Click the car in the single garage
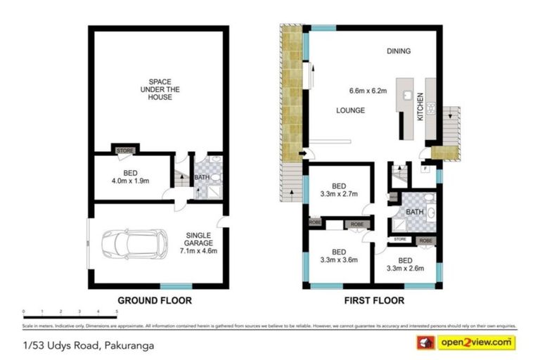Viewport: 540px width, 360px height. tap(134, 244)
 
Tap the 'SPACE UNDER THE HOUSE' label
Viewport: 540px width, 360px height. tap(160, 89)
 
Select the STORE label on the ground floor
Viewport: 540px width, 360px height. tap(125, 150)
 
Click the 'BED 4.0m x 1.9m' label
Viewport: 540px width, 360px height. tap(131, 176)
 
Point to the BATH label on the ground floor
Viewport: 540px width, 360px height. tap(202, 177)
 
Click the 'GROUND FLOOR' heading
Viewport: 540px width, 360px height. tap(154, 300)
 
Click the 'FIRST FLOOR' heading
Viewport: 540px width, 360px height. tap(373, 300)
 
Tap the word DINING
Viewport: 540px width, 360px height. tap(398, 51)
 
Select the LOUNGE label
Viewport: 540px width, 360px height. tap(350, 110)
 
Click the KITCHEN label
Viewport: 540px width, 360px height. tap(421, 106)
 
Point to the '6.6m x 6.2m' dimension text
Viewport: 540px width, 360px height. tap(368, 90)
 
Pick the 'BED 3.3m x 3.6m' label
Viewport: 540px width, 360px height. tap(340, 256)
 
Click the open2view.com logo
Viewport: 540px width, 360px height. tap(476, 342)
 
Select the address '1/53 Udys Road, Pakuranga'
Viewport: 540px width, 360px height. tap(89, 345)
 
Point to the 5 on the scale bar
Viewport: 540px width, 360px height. tap(116, 311)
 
